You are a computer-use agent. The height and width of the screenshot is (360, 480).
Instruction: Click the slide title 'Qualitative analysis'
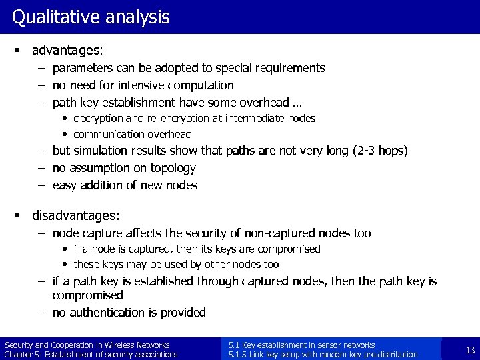coord(91,17)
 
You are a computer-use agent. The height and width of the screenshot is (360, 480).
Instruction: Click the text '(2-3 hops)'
coord(377,151)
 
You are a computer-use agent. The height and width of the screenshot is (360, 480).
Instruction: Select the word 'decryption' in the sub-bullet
coord(98,118)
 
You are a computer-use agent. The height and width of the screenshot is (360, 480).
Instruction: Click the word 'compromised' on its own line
coord(88,295)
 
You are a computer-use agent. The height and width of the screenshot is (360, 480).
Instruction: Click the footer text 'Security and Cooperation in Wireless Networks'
coord(87,345)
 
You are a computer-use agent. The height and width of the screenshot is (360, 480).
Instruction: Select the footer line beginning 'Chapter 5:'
coord(91,355)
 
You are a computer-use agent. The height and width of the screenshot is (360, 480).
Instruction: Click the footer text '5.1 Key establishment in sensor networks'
coord(301,345)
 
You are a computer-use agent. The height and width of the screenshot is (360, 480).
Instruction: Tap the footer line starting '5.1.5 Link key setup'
coord(323,355)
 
